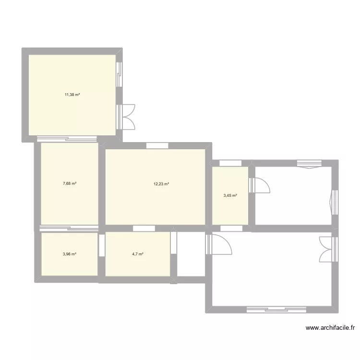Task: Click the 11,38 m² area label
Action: [72, 95]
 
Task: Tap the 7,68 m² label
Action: [70, 183]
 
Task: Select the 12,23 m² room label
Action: [161, 183]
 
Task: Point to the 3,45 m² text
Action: [230, 195]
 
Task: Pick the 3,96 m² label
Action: [70, 254]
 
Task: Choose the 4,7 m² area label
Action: [138, 254]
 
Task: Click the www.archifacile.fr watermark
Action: [330, 328]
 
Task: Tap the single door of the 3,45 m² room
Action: [259, 185]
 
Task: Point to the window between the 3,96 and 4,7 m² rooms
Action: [101, 245]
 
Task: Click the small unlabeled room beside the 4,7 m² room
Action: [191, 254]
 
